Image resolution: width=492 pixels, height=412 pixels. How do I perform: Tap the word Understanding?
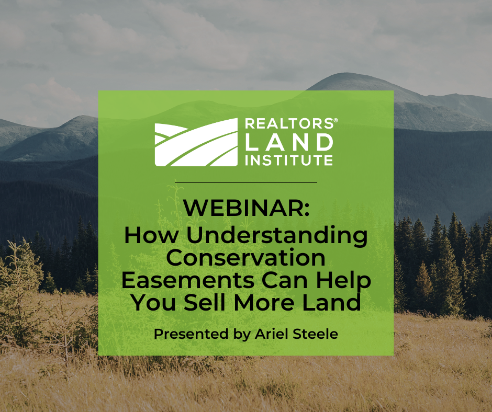[277, 236]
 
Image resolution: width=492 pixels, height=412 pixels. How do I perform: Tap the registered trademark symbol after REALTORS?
[336, 120]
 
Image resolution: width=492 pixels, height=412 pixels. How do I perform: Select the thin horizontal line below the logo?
[246, 182]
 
